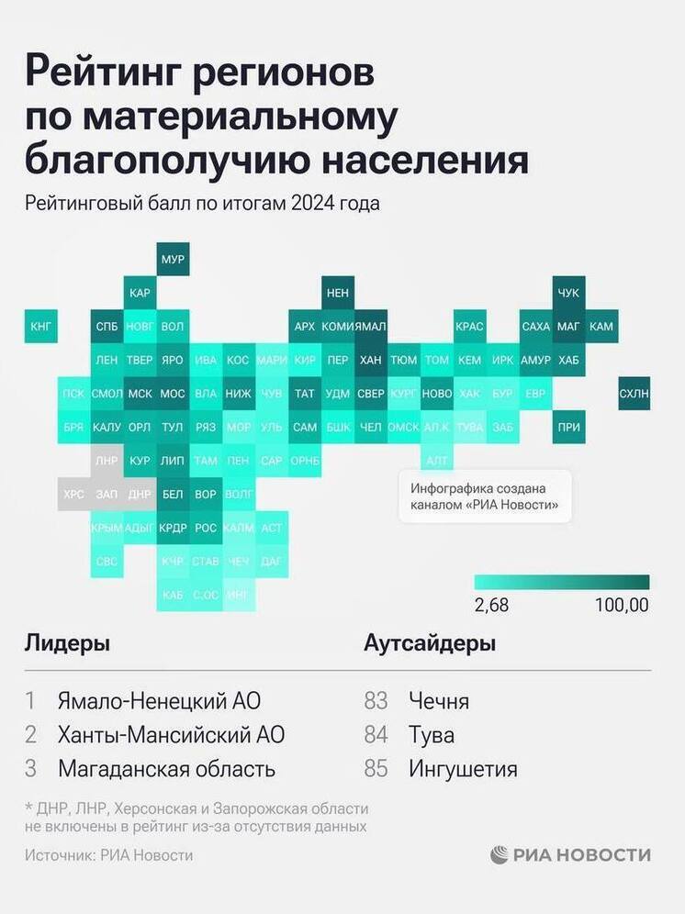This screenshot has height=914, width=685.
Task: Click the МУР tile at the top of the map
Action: (x=173, y=260)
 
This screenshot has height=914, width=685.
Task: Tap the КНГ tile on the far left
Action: (x=41, y=326)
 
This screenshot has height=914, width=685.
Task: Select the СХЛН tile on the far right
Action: (x=634, y=394)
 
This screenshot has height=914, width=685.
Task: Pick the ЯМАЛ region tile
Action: (x=370, y=326)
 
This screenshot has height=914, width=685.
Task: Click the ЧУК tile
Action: (x=568, y=293)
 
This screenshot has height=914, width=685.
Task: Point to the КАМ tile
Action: (x=601, y=326)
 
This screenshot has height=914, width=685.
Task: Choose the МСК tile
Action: (x=140, y=394)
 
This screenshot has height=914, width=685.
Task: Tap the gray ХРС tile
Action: (x=73, y=494)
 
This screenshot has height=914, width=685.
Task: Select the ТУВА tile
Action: (x=469, y=427)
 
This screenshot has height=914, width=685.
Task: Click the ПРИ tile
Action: (x=568, y=427)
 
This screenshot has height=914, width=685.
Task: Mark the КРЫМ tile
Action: (x=107, y=528)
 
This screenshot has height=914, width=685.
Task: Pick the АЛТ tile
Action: (x=437, y=461)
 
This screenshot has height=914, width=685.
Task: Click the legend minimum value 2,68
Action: (x=491, y=606)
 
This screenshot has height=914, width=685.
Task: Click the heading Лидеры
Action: (x=67, y=643)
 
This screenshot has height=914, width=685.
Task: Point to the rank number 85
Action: (x=376, y=769)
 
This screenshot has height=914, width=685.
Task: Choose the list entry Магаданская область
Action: (x=166, y=769)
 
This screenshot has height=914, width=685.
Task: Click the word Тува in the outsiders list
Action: (x=432, y=735)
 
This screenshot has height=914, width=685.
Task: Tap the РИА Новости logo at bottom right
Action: (x=570, y=855)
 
